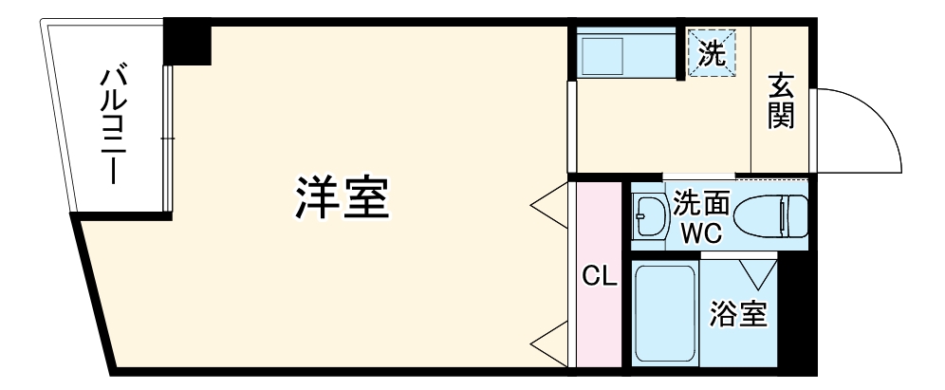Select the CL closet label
[600, 276]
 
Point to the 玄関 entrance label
[781, 103]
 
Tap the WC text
[702, 230]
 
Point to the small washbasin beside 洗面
[651, 215]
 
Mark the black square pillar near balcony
[186, 43]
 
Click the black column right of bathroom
[796, 313]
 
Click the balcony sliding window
[168, 139]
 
